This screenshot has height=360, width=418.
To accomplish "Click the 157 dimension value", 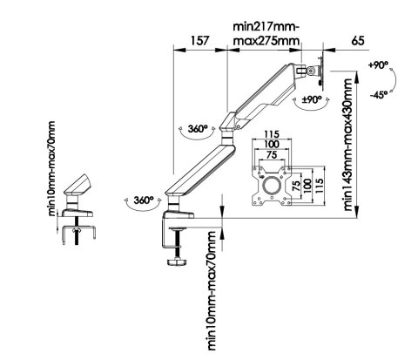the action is point(199,40).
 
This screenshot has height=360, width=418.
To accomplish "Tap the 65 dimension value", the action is point(358,40).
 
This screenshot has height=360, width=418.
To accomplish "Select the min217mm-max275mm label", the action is point(266,34).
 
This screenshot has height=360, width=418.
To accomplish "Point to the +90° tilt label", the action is point(378,65).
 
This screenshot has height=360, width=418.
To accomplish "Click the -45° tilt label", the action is point(379,94).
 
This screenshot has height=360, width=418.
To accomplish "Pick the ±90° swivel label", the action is point(312,100).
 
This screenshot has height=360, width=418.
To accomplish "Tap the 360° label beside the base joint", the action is point(144,200).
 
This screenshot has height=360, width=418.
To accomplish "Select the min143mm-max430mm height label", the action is point(347,144).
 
